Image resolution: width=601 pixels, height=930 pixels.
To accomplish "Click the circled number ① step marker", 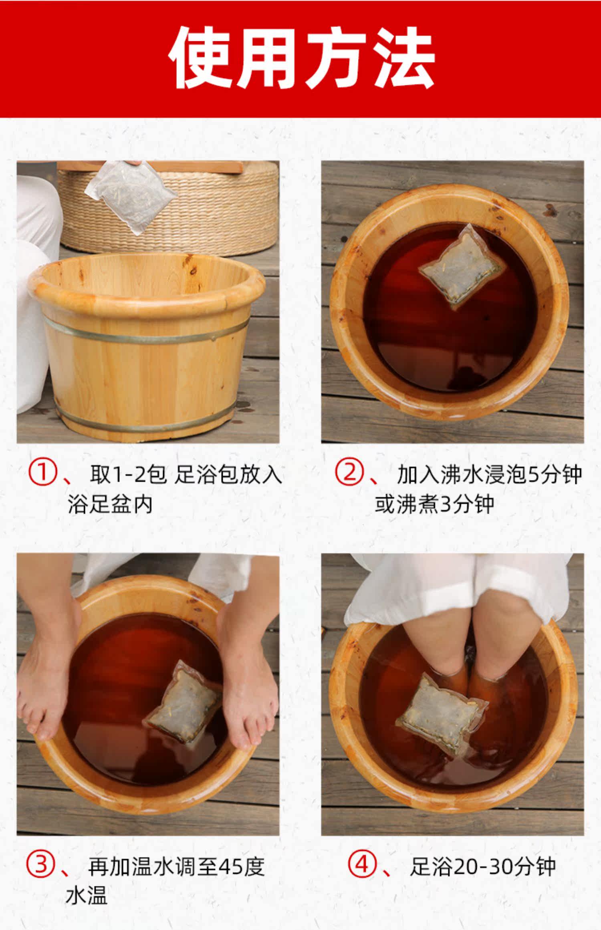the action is (42, 473).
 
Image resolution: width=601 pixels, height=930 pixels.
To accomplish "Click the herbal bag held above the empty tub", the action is (131, 197).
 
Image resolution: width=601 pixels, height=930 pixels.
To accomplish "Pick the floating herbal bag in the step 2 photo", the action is (463, 266).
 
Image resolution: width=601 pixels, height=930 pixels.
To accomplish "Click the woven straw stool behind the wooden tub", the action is (168, 208).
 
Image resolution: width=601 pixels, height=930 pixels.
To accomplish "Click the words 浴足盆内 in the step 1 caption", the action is (110, 504).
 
